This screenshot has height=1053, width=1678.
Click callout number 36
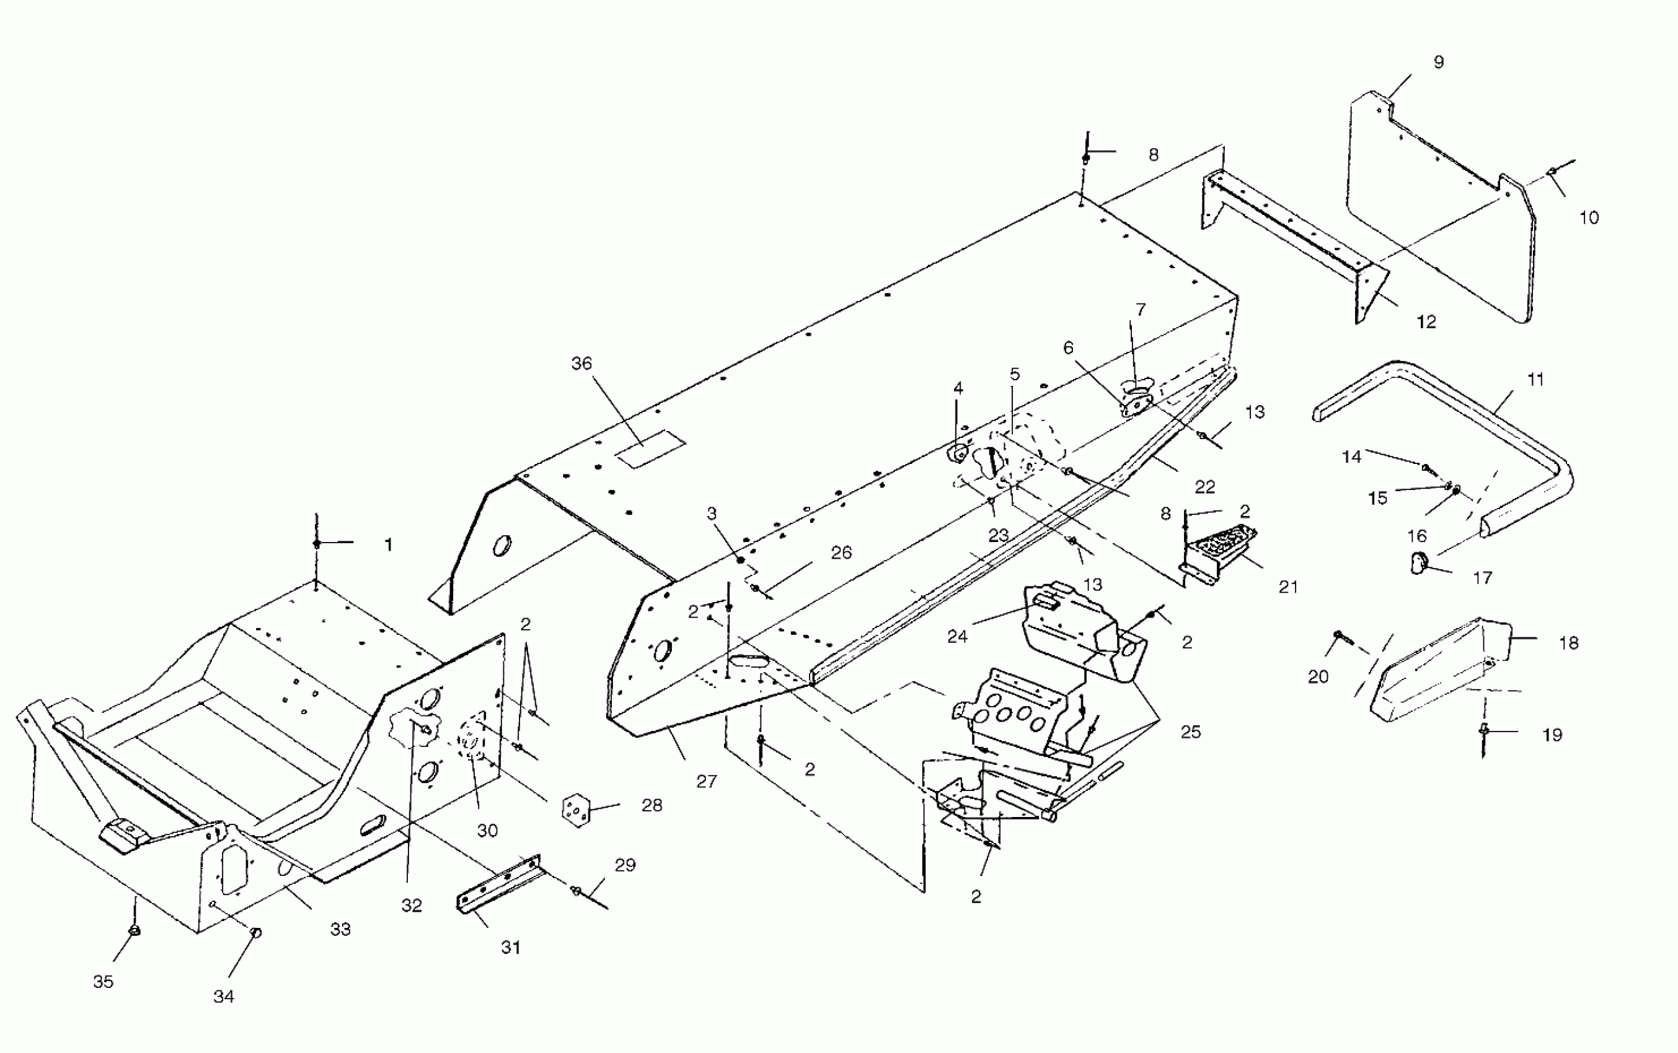(x=581, y=363)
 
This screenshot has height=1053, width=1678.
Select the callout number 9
(x=1438, y=62)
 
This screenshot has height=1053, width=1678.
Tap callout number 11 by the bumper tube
(x=1535, y=380)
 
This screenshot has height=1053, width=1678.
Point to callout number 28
(x=651, y=805)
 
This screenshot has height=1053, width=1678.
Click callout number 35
(x=103, y=981)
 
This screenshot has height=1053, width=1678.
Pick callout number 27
(x=706, y=782)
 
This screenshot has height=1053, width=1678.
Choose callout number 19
(x=1552, y=735)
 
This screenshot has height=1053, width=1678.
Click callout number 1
(x=388, y=544)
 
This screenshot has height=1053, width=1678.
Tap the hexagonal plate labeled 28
(x=576, y=810)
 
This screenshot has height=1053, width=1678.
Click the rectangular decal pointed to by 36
(x=650, y=448)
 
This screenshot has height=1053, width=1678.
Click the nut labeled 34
(x=256, y=932)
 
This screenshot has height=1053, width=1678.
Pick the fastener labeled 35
(x=135, y=930)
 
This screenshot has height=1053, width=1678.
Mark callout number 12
(x=1426, y=321)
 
